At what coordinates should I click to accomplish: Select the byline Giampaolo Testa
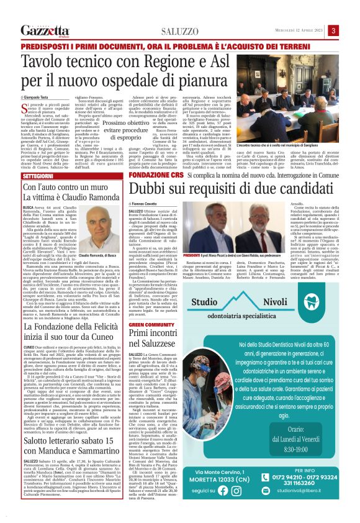click(x=38, y=98)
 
